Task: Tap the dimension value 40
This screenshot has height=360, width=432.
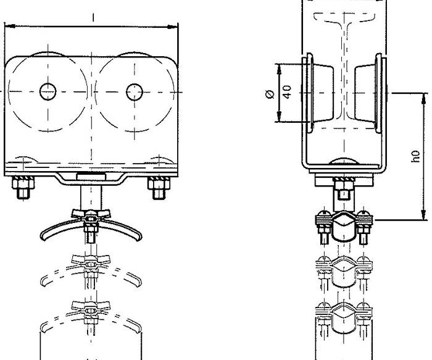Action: point(287,92)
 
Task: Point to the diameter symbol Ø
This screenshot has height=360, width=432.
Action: point(270,94)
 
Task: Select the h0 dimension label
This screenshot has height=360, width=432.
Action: point(416,156)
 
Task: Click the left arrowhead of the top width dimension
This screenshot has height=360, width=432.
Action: point(10,26)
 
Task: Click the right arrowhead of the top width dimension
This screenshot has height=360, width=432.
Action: point(173,27)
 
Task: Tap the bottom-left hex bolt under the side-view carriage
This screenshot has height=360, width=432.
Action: point(23,188)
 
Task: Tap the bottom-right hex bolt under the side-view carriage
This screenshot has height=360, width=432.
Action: point(159,188)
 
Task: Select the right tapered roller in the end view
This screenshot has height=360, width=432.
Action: point(365,93)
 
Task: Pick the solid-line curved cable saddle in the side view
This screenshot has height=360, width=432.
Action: point(91,229)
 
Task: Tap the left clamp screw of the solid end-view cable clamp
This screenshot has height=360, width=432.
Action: point(324,227)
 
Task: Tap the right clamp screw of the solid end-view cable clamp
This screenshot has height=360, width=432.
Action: point(364,227)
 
